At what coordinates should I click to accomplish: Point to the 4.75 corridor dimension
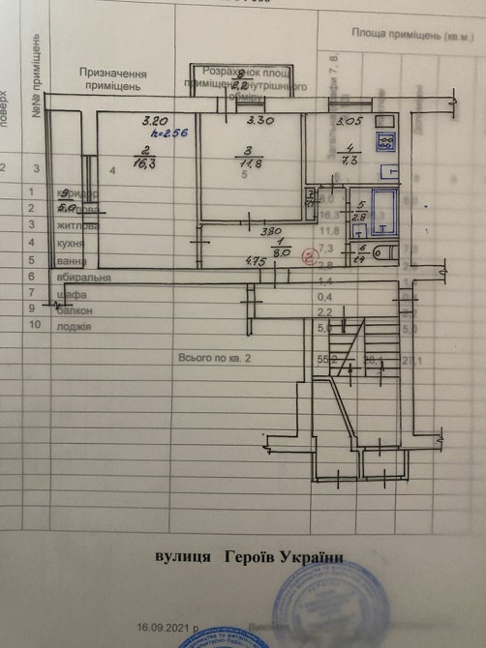(256, 261)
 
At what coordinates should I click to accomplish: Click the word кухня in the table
(73, 243)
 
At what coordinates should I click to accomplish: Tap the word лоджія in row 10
(75, 327)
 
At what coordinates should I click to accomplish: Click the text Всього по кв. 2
(214, 358)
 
